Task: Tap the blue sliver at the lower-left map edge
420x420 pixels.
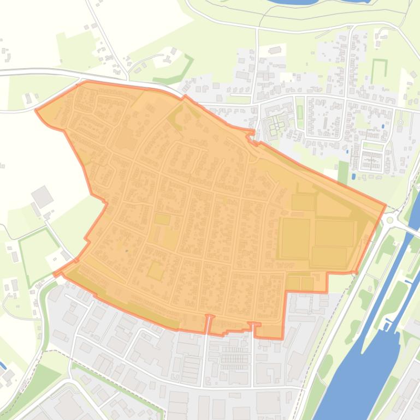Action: point(2,364)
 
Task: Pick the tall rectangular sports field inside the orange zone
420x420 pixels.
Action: point(295,238)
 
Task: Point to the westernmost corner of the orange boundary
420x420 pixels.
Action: point(36,111)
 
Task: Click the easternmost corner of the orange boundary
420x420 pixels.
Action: point(386,206)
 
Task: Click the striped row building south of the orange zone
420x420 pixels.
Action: point(236,358)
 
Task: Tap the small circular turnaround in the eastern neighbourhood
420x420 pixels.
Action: point(400,122)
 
